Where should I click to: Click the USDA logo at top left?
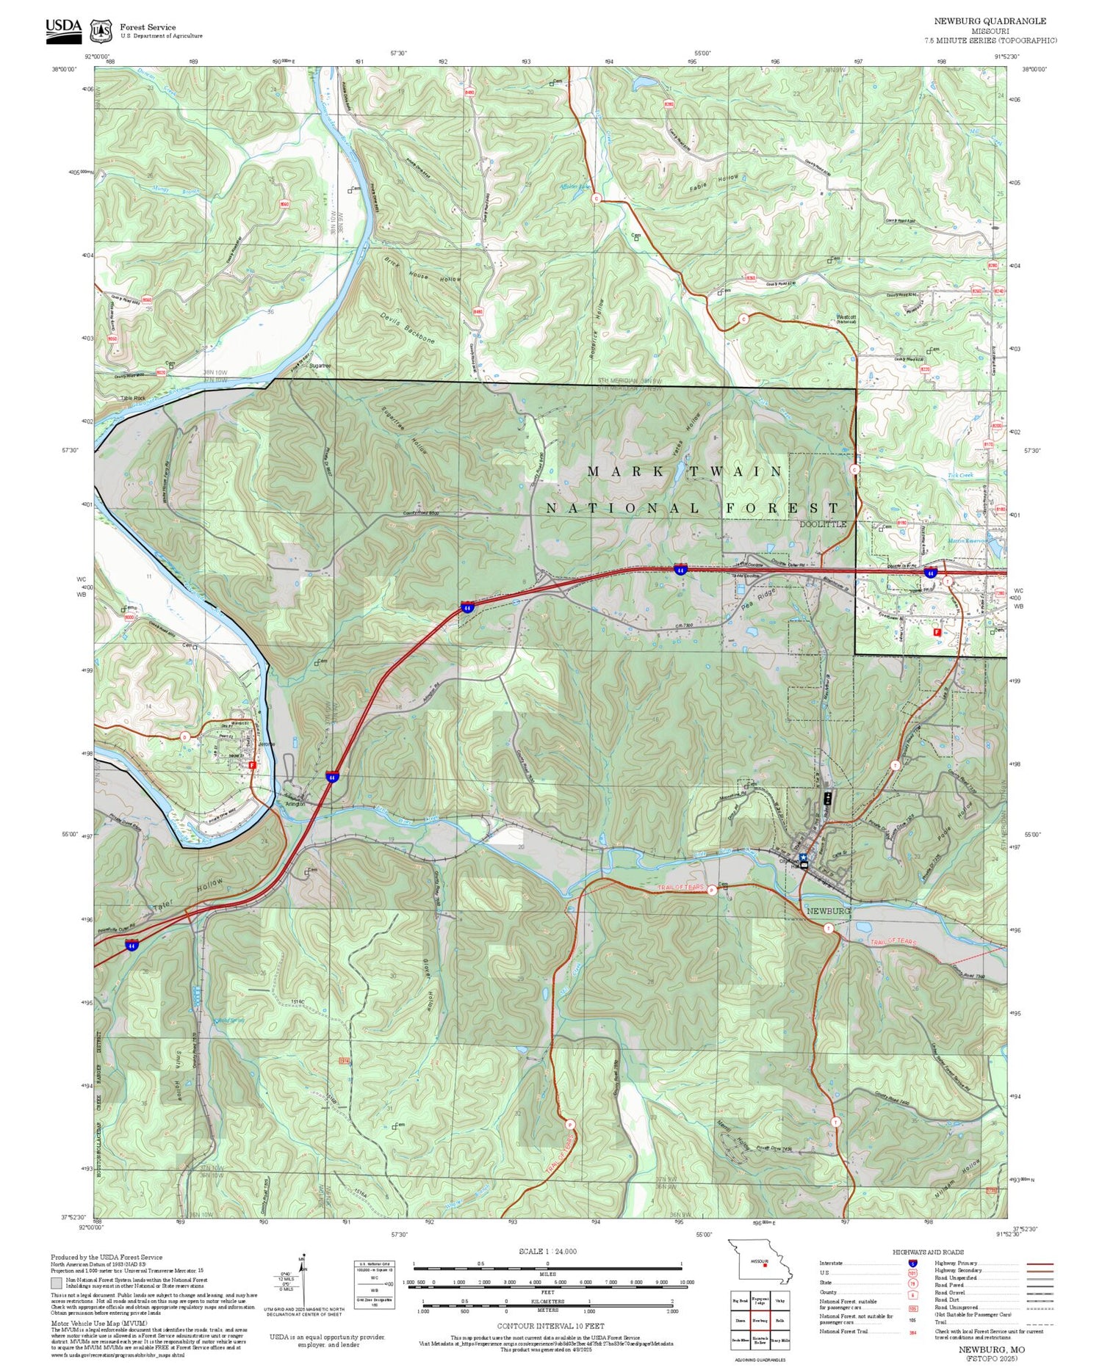[x=63, y=29]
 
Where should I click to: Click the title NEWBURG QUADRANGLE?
[x=990, y=21]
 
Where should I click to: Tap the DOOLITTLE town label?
[x=823, y=524]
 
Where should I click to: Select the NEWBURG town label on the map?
[x=828, y=910]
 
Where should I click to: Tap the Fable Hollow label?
[x=713, y=184]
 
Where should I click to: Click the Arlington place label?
[x=295, y=804]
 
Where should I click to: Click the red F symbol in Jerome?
[x=252, y=764]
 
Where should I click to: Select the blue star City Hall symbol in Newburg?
[x=803, y=857]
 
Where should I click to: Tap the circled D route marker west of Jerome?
[x=185, y=736]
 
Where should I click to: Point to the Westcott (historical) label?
[x=846, y=319]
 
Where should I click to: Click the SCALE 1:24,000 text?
[x=547, y=1252]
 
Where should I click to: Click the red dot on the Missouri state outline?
[x=765, y=1265]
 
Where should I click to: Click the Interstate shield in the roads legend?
[x=913, y=1263]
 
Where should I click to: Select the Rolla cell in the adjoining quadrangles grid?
[x=781, y=1320]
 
